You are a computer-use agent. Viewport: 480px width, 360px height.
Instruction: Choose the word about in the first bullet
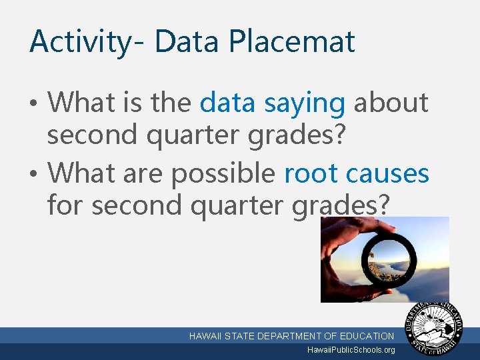pos(391,103)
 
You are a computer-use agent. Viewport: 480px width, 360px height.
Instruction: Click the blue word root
pos(311,173)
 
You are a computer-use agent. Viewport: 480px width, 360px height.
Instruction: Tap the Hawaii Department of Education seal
pos(437,329)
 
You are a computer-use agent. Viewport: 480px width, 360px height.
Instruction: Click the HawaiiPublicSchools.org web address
pos(351,350)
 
